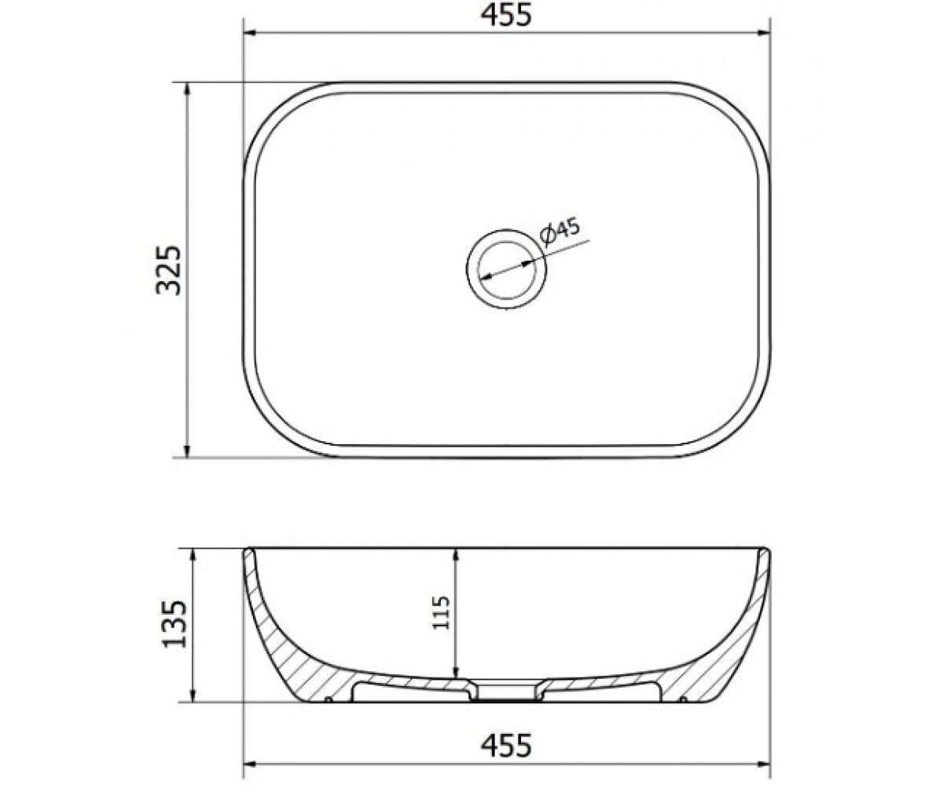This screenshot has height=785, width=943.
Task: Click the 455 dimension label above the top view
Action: click(506, 16)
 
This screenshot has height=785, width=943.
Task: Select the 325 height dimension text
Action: click(168, 270)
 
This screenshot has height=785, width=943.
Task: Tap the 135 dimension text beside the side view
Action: click(174, 624)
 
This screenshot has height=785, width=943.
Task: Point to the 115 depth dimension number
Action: click(441, 612)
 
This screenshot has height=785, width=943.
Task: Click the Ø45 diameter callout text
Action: click(559, 232)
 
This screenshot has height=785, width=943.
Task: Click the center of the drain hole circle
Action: click(506, 270)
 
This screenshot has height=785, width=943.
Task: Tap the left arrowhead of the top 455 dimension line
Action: click(251, 33)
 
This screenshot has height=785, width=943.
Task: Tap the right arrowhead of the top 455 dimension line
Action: click(762, 33)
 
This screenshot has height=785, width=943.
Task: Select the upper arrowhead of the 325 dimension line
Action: click(188, 90)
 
